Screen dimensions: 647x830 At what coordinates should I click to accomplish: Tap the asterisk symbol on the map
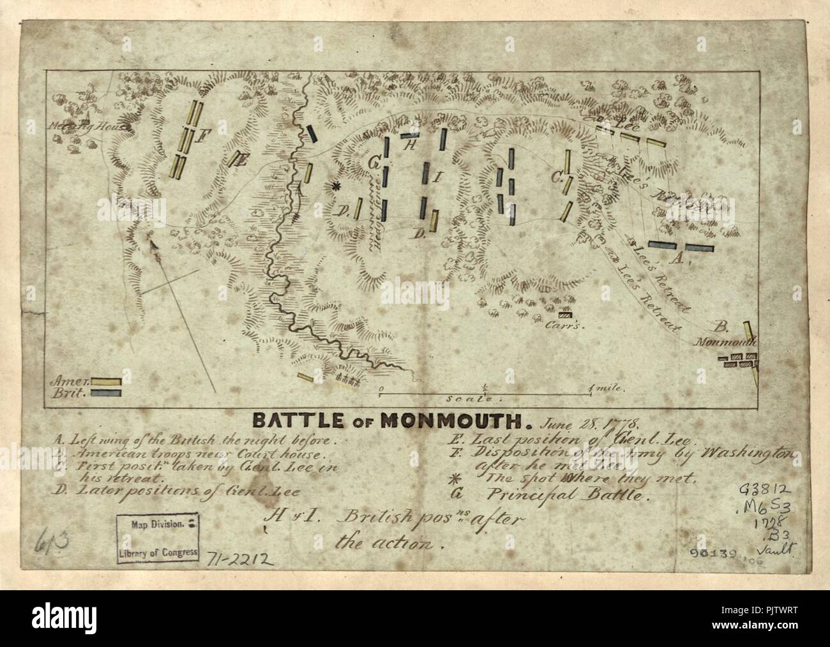coord(336,186)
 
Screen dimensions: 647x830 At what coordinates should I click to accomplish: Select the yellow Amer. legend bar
coord(106,382)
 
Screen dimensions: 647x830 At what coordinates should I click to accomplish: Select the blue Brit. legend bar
coord(106,393)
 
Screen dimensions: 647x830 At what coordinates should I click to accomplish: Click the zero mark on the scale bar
coord(381,388)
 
